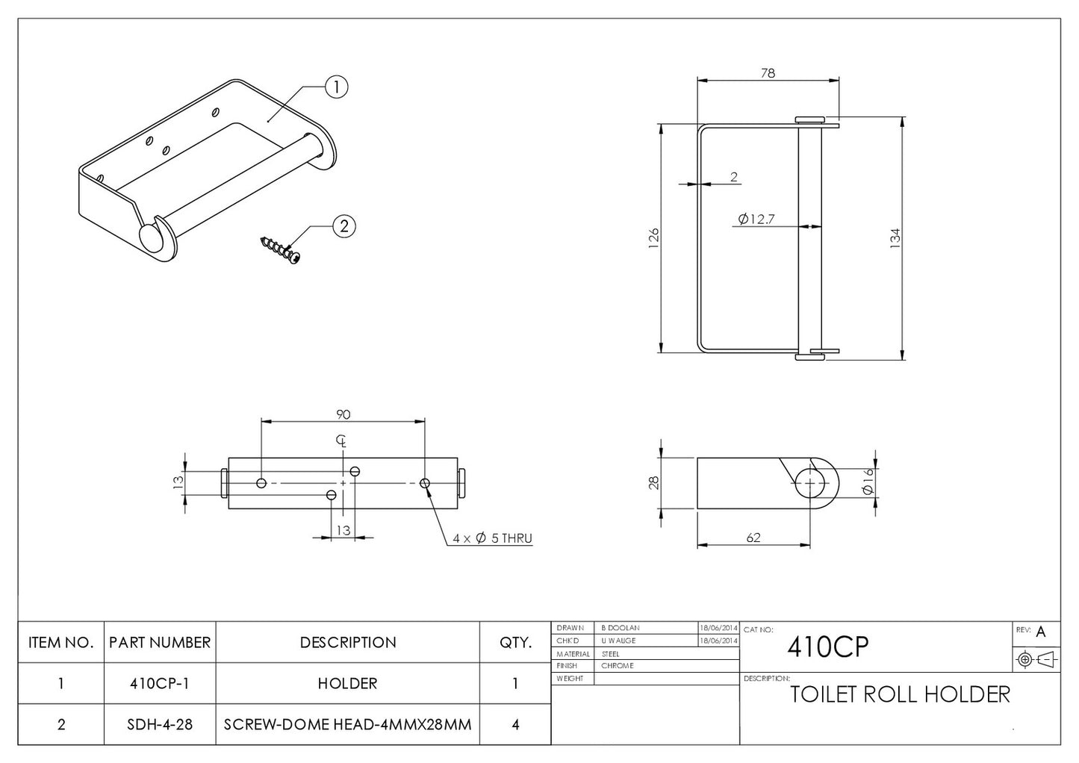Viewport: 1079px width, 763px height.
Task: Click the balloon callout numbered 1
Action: point(337,87)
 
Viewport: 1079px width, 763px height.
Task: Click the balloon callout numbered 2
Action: point(343,226)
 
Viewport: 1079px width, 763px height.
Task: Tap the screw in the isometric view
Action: point(281,249)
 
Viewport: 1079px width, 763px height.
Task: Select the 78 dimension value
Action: point(768,72)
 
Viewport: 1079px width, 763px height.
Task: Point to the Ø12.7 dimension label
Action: point(756,219)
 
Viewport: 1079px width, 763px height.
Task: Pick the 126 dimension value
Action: point(653,238)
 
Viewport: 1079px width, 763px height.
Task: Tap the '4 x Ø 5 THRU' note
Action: point(492,538)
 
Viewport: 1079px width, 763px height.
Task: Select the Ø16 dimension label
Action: point(867,482)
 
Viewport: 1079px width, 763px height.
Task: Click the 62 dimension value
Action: point(753,538)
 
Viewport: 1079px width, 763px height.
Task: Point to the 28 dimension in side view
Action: point(653,483)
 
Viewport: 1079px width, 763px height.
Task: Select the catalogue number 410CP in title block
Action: point(828,647)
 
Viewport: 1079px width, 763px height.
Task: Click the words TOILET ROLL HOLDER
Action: point(900,694)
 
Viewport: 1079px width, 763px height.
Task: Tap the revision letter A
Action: point(1041,632)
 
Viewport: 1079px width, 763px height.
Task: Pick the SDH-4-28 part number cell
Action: point(160,724)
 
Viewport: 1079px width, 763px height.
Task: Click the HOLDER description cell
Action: point(347,683)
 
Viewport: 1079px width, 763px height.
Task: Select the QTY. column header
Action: point(514,642)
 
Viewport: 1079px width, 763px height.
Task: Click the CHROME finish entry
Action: point(618,666)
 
